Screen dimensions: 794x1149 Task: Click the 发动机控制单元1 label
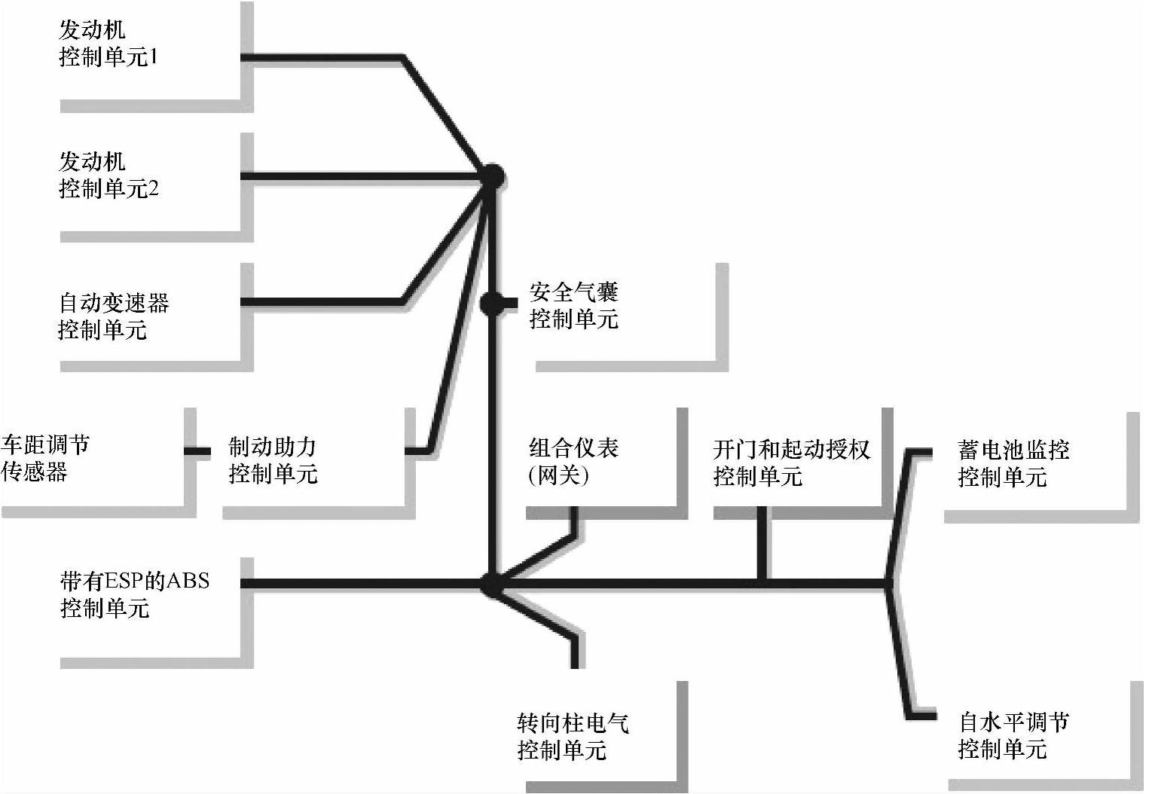(108, 44)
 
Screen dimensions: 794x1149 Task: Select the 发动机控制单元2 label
(108, 175)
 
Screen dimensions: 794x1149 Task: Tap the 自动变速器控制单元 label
(113, 316)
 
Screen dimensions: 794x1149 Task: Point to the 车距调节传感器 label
(45, 458)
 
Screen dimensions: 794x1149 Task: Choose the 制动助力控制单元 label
(273, 460)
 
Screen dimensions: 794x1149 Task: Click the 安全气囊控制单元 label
(573, 306)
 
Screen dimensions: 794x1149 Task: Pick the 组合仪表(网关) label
(573, 461)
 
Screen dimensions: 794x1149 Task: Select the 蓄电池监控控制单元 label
(1013, 463)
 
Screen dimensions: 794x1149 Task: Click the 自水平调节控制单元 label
(1013, 735)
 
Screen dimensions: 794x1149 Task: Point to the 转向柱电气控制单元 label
(573, 736)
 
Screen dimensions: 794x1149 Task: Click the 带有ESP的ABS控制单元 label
(134, 594)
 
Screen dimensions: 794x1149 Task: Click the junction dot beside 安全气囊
(491, 304)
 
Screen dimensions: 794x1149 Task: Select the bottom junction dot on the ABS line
(491, 583)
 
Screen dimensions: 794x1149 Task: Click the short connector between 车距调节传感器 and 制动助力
(198, 451)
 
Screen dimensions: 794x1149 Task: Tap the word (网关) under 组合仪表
(558, 475)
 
